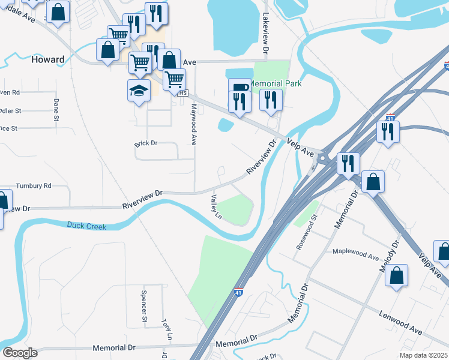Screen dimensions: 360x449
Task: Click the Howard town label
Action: (x=47, y=59)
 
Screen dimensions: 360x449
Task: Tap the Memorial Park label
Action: (x=276, y=83)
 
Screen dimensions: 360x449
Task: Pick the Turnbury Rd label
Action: (x=34, y=186)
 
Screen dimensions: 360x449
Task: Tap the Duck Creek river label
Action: (x=87, y=226)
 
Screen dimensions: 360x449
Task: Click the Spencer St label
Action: (x=144, y=300)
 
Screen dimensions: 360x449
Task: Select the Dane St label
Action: (x=56, y=110)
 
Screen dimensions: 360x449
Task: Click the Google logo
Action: (x=19, y=353)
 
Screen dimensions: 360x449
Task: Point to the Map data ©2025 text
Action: (x=423, y=355)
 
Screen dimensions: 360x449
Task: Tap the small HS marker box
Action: (x=183, y=93)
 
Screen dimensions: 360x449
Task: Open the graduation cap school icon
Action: (x=139, y=91)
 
